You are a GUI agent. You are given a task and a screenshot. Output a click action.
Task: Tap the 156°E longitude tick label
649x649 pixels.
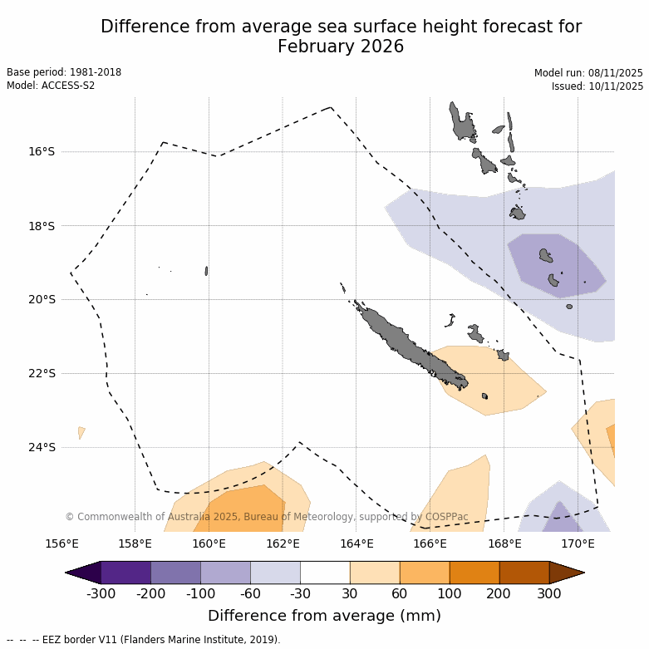pyautogui.click(x=61, y=544)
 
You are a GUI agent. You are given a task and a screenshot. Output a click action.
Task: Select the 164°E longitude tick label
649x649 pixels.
pyautogui.click(x=356, y=544)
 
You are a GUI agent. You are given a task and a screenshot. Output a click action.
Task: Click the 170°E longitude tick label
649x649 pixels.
pyautogui.click(x=578, y=544)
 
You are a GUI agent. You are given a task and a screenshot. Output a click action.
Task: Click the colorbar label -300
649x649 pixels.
pyautogui.click(x=101, y=593)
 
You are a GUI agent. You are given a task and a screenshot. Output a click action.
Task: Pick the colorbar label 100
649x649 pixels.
pyautogui.click(x=450, y=593)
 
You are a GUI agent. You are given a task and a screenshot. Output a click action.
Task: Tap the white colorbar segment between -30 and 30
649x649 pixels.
pyautogui.click(x=325, y=573)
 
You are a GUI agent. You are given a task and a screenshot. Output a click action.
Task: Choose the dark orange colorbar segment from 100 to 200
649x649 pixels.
pyautogui.click(x=474, y=573)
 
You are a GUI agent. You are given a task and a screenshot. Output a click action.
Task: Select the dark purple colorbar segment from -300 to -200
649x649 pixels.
pyautogui.click(x=125, y=573)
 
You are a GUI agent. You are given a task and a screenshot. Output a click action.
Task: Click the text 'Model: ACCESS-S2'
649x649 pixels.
pyautogui.click(x=51, y=86)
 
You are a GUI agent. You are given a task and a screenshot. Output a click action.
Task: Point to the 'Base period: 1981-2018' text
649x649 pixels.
pyautogui.click(x=64, y=72)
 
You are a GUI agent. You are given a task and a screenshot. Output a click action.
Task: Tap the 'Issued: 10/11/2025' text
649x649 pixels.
pyautogui.click(x=597, y=86)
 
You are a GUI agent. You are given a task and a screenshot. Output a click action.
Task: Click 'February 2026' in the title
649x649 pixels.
pyautogui.click(x=341, y=47)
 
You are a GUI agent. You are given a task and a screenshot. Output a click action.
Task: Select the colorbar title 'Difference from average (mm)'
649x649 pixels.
pyautogui.click(x=324, y=616)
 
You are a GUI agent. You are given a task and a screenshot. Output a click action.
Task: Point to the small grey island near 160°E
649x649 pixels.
pyautogui.click(x=206, y=271)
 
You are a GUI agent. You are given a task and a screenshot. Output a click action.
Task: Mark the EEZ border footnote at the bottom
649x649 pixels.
pyautogui.click(x=143, y=640)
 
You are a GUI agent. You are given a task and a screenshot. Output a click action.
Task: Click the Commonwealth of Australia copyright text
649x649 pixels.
pyautogui.click(x=266, y=517)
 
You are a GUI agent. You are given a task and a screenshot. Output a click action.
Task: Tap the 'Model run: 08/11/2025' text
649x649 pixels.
pyautogui.click(x=588, y=73)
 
